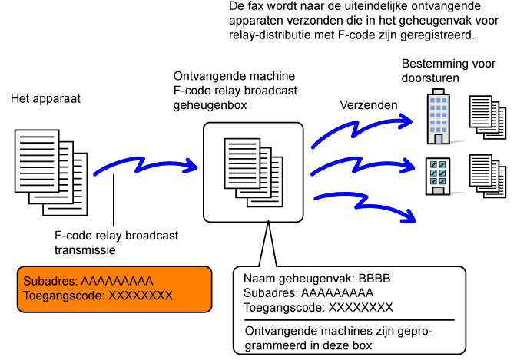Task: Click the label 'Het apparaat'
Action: point(45,100)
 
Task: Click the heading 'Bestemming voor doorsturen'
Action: point(435,72)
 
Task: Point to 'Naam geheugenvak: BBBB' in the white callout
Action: point(317,279)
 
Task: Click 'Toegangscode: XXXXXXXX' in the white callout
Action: point(318,308)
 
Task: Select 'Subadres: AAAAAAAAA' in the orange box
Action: point(88,281)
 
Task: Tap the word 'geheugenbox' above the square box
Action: point(210,104)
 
